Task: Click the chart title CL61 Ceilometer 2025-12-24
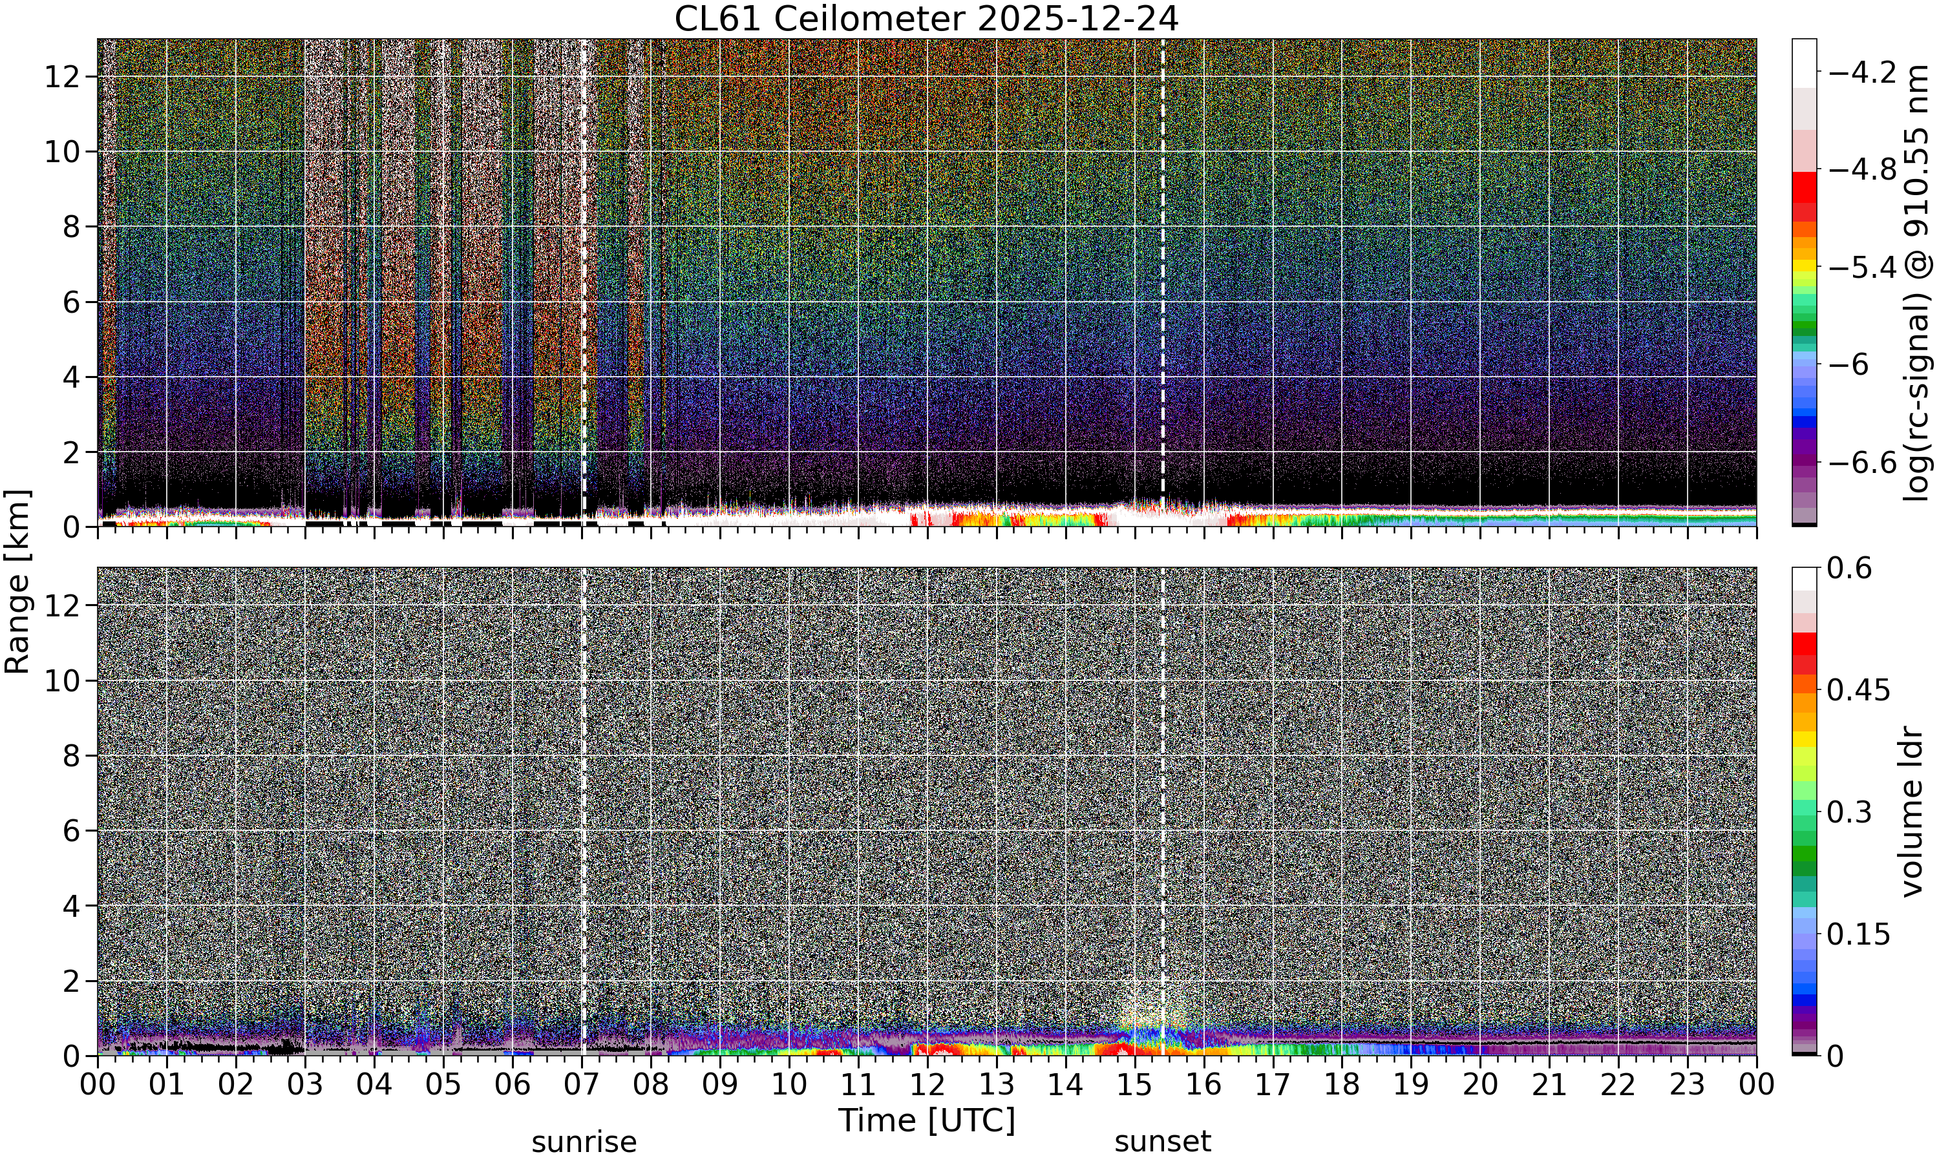click(x=926, y=19)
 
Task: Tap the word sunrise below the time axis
click(x=584, y=1142)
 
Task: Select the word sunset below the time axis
click(x=1162, y=1142)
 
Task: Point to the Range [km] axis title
click(x=17, y=581)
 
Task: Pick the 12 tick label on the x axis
click(x=927, y=1085)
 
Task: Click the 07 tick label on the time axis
click(x=582, y=1085)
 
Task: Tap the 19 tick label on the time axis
click(x=1411, y=1085)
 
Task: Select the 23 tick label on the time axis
click(x=1688, y=1085)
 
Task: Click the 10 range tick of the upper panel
click(x=62, y=151)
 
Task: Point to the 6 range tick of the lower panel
click(x=72, y=831)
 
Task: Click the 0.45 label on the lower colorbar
click(x=1858, y=689)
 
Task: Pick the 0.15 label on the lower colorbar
click(x=1858, y=934)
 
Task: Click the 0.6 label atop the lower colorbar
click(x=1849, y=568)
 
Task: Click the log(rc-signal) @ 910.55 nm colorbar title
click(x=1917, y=283)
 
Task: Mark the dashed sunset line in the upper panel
click(x=1162, y=266)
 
